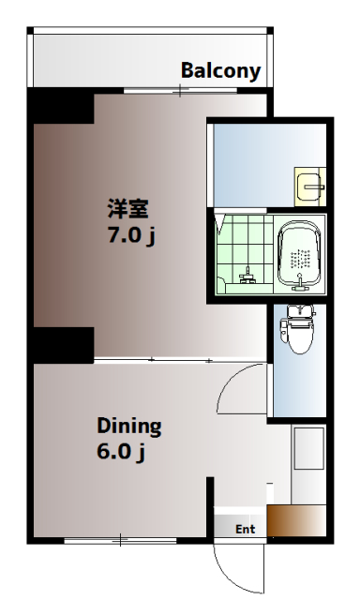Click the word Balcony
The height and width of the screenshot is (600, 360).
click(220, 70)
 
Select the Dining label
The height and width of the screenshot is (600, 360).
click(129, 427)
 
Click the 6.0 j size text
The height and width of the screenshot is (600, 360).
click(121, 454)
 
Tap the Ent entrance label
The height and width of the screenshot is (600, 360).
click(245, 530)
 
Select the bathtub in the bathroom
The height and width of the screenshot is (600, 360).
click(300, 253)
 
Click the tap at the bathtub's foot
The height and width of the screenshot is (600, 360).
click(300, 283)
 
